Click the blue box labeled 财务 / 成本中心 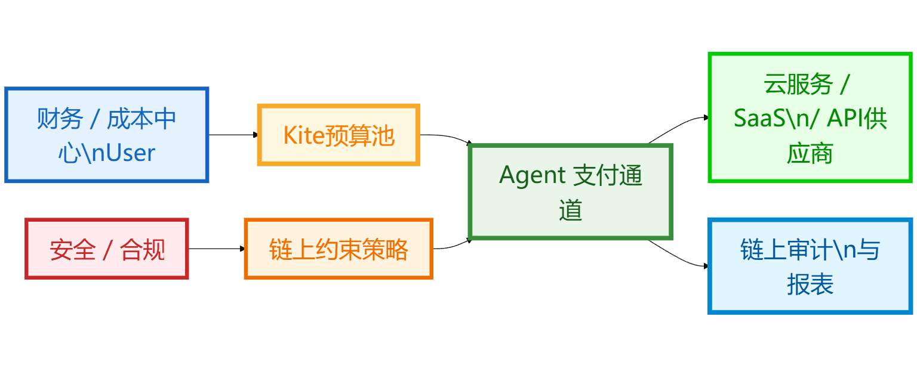pyautogui.click(x=106, y=135)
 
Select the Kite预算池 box pyautogui.click(x=339, y=135)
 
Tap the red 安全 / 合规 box pyautogui.click(x=106, y=249)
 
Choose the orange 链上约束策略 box pyautogui.click(x=339, y=249)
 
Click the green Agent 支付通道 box pyautogui.click(x=571, y=191)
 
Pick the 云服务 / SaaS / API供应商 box pyautogui.click(x=810, y=117)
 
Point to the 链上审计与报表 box pyautogui.click(x=810, y=266)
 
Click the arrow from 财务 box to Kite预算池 pyautogui.click(x=233, y=135)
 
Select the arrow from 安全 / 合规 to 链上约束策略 pyautogui.click(x=216, y=249)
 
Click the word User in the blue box pyautogui.click(x=128, y=153)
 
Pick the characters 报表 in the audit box pyautogui.click(x=810, y=284)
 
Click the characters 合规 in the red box pyautogui.click(x=142, y=249)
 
